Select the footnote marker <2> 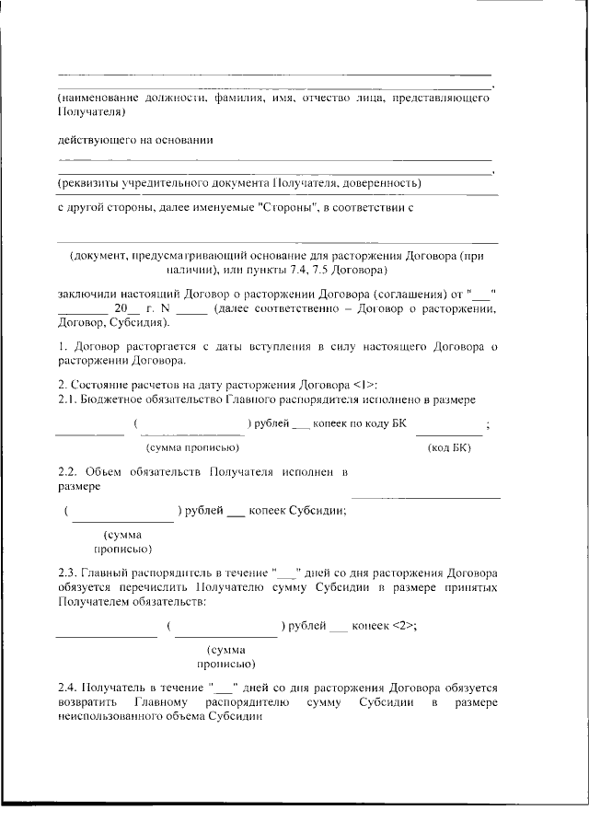(x=399, y=626)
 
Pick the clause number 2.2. (x=68, y=472)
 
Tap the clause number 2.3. (x=68, y=571)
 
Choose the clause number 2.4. (x=68, y=687)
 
